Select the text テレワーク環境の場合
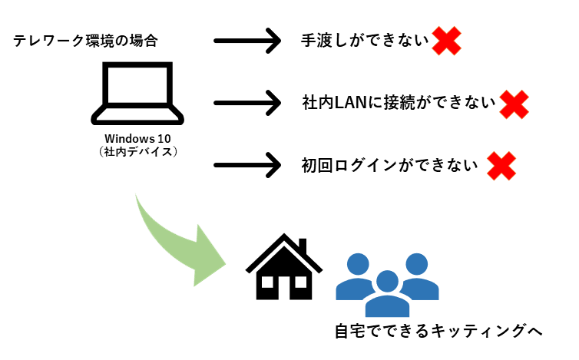[x=85, y=41]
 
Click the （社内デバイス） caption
[x=138, y=151]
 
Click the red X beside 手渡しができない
[x=445, y=41]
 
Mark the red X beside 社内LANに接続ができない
[x=514, y=104]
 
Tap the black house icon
[x=284, y=269]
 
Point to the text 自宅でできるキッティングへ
[x=438, y=332]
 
